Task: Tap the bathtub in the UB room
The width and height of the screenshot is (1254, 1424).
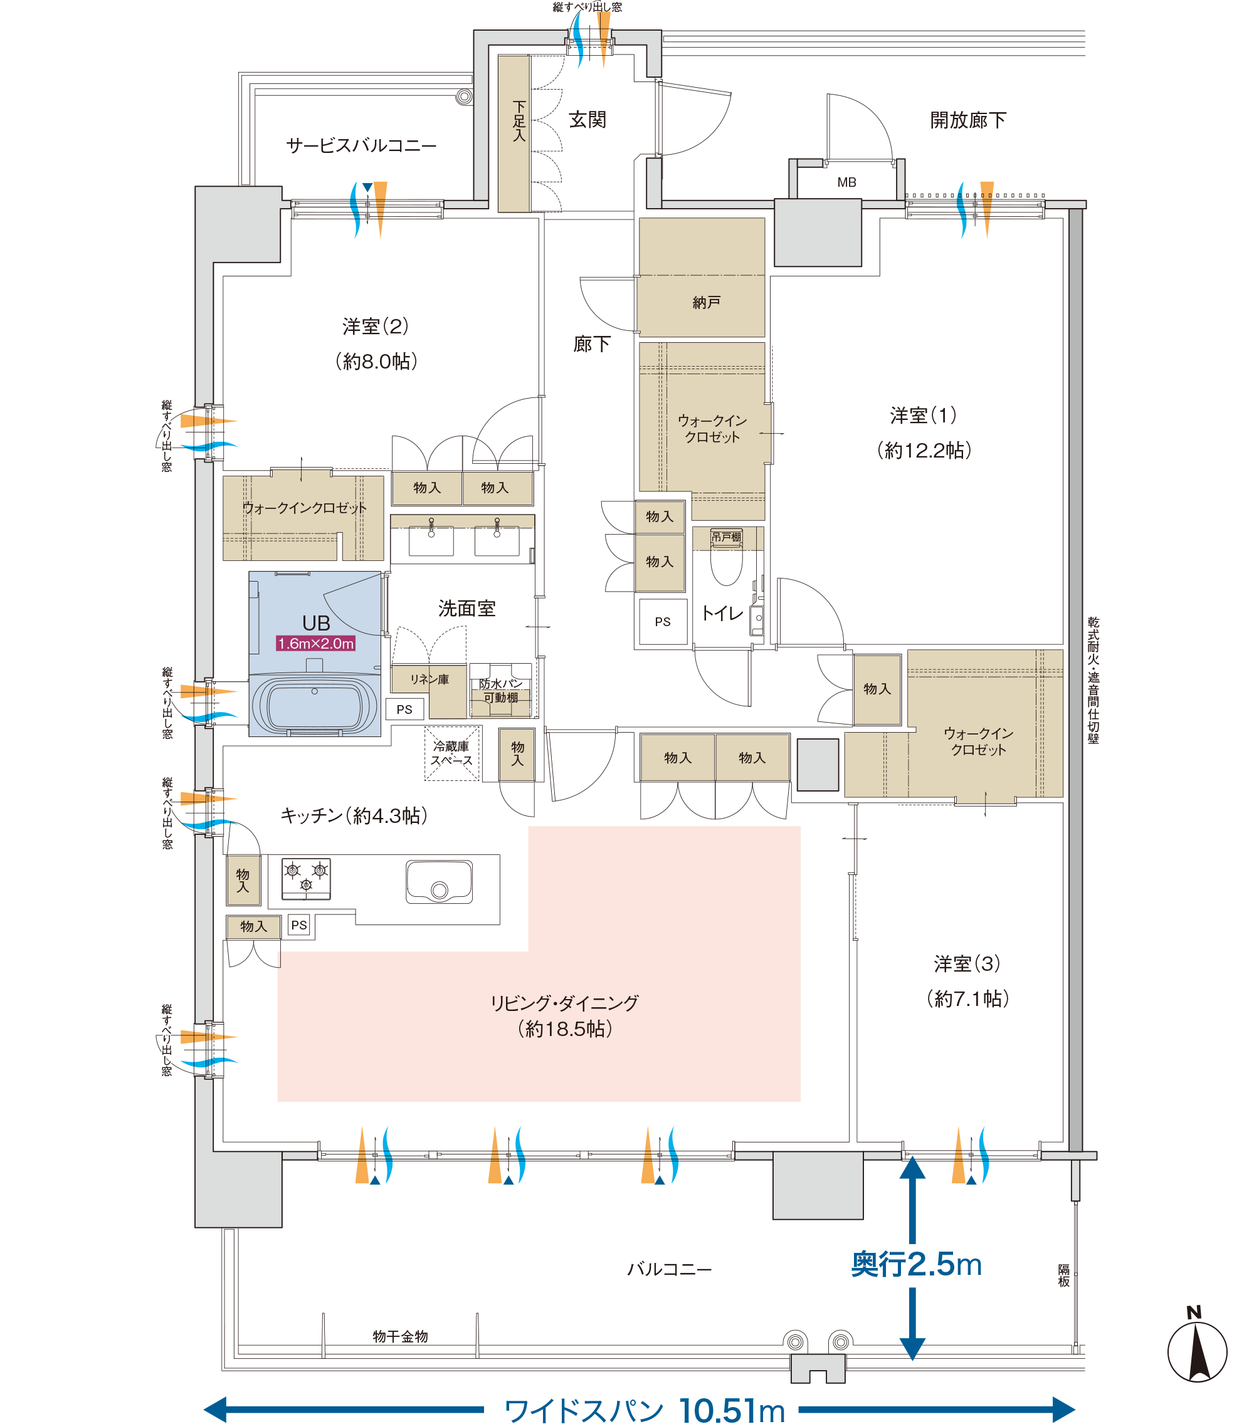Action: click(x=314, y=705)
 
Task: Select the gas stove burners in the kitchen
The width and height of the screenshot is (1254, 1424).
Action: click(x=306, y=879)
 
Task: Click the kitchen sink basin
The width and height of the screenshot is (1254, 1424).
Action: click(x=439, y=881)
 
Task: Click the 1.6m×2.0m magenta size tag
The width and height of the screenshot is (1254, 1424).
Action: click(x=316, y=643)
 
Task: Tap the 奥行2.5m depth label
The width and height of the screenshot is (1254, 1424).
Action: click(x=917, y=1264)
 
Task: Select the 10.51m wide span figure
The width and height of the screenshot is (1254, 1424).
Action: click(x=732, y=1410)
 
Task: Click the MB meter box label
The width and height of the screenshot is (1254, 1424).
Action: click(x=847, y=182)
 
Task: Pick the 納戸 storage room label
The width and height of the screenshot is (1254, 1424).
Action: click(x=706, y=302)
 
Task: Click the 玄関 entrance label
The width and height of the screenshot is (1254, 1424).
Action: click(x=587, y=120)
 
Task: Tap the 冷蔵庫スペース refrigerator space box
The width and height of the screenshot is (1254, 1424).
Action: click(x=451, y=753)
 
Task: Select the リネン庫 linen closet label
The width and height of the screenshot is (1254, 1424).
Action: click(x=429, y=679)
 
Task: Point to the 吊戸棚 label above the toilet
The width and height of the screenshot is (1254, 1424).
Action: click(x=726, y=537)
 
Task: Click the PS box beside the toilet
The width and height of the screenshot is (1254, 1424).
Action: click(x=663, y=621)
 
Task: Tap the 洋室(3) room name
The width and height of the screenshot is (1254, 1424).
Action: click(x=967, y=963)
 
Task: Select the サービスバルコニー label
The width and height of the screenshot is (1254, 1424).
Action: click(x=361, y=145)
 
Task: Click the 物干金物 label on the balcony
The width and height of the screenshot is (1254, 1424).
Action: click(x=400, y=1336)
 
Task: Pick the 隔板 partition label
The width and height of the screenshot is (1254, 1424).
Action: click(x=1063, y=1275)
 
